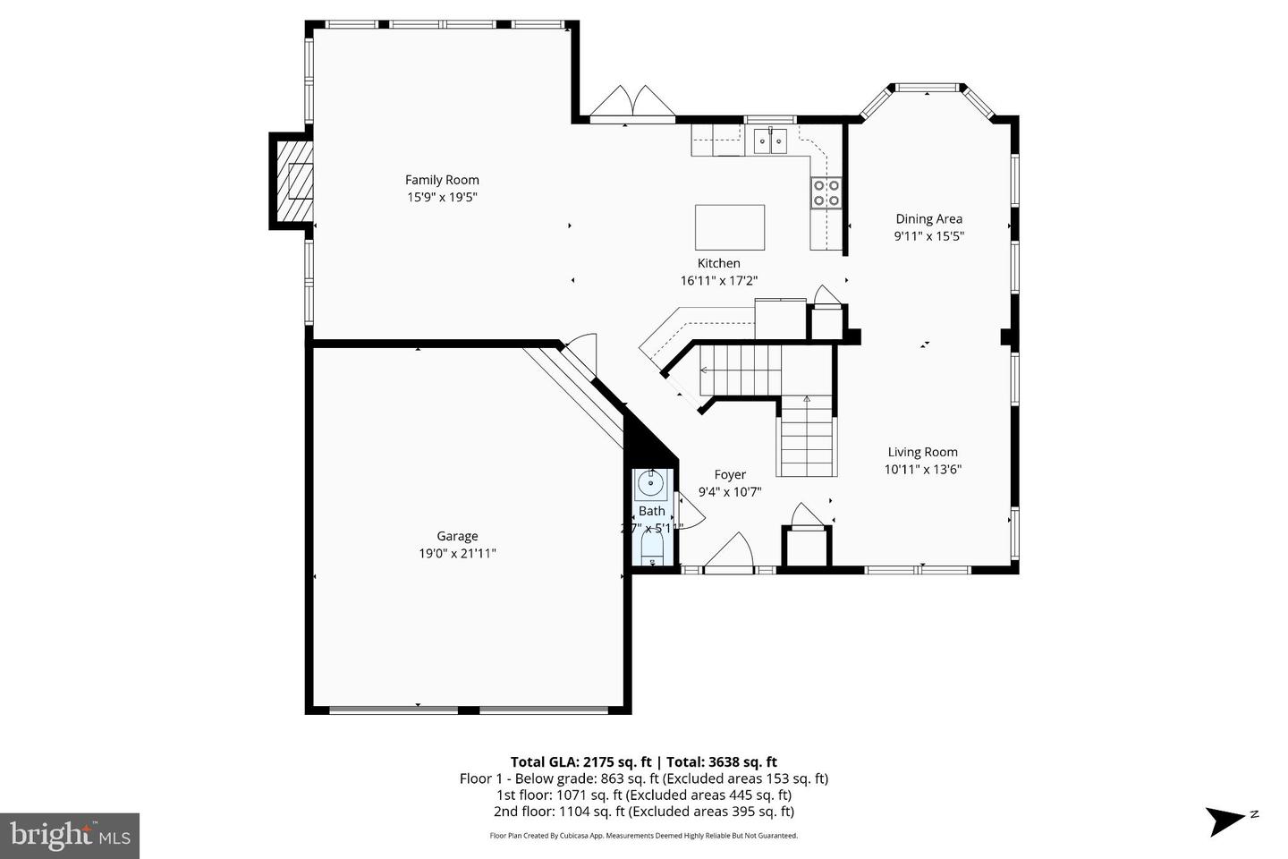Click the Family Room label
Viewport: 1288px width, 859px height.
click(x=442, y=180)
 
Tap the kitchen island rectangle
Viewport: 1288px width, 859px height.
click(x=730, y=227)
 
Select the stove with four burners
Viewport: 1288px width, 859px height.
click(x=826, y=192)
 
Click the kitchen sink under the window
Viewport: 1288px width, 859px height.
click(x=769, y=140)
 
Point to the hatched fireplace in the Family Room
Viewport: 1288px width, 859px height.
click(x=293, y=182)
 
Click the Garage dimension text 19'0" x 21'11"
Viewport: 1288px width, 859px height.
click(x=457, y=554)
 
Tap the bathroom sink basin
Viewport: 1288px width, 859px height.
click(x=650, y=486)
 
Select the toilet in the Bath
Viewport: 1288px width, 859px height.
click(x=650, y=548)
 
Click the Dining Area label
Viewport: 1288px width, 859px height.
click(x=929, y=219)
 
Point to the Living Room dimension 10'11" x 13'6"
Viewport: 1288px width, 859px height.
click(x=923, y=469)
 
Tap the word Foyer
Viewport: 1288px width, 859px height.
click(x=730, y=475)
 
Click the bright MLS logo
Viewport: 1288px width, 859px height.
click(x=69, y=836)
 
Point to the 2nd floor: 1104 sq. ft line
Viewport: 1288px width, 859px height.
click(x=643, y=812)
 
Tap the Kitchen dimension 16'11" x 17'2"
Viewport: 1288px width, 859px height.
click(x=719, y=280)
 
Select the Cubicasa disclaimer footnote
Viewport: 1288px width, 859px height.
click(x=643, y=836)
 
